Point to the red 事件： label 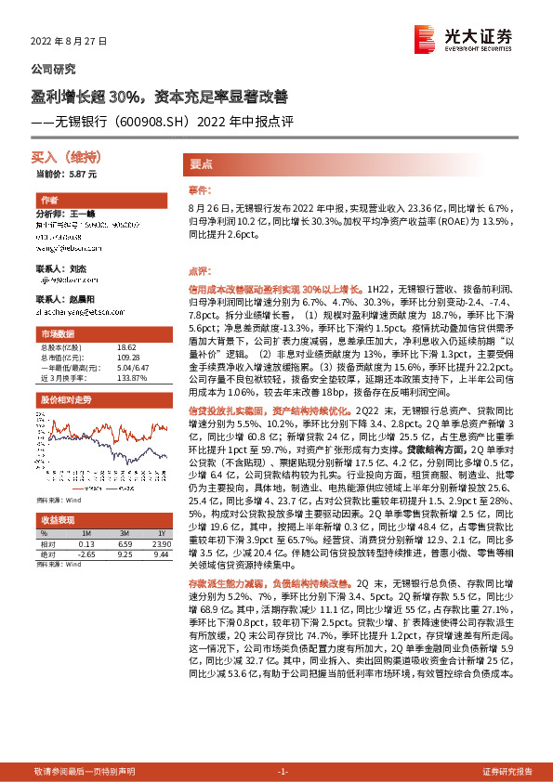pos(200,189)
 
